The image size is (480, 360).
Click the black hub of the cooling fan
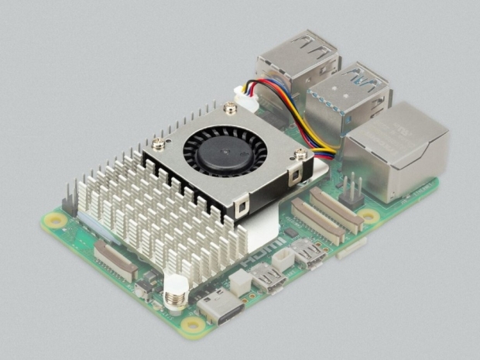pos(218,152)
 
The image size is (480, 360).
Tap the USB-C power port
pos(216,307)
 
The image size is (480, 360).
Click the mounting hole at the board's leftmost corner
pos(53,220)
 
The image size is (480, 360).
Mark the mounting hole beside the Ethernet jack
pos(369,217)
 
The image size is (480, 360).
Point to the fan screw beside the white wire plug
pos(230,111)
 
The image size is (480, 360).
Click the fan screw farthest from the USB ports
pos(159,143)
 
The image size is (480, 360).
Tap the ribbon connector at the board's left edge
pos(115,260)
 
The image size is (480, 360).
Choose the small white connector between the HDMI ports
pos(283,259)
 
